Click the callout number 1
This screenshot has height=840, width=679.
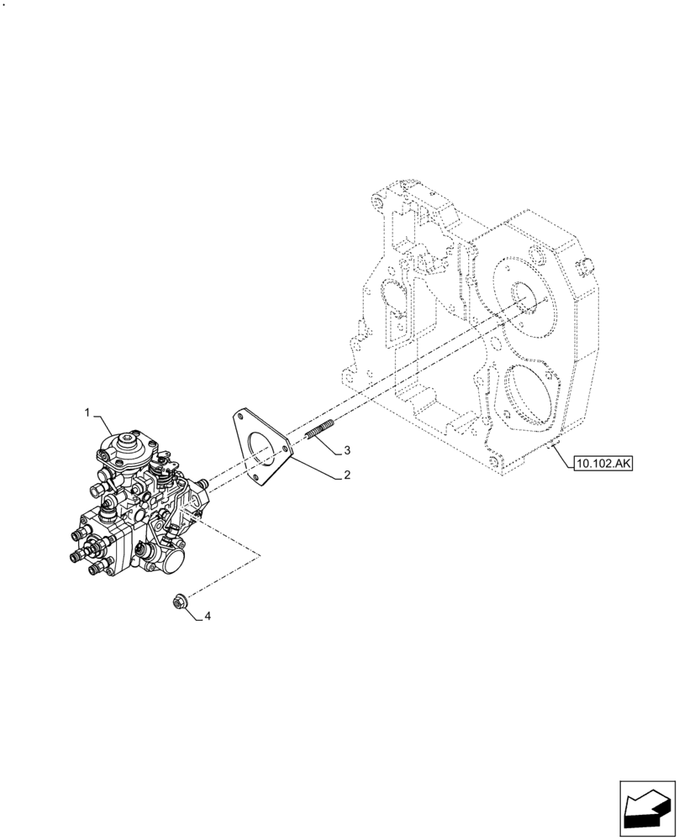(87, 412)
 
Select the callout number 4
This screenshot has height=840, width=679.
(207, 617)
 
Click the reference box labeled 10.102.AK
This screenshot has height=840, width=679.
(603, 462)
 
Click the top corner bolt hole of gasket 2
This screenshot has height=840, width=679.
(239, 417)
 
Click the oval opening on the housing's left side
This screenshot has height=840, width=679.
(392, 296)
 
